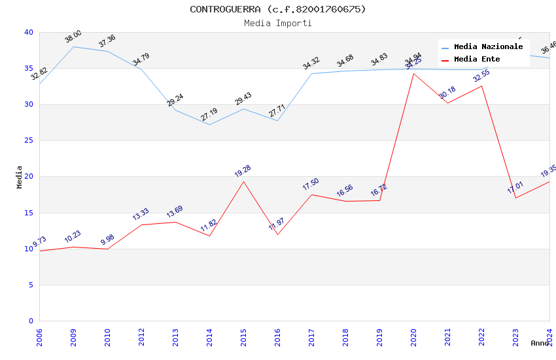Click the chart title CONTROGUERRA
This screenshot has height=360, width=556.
pyautogui.click(x=278, y=9)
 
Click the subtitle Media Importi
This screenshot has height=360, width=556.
pyautogui.click(x=278, y=23)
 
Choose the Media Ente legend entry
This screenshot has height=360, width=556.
pyautogui.click(x=477, y=60)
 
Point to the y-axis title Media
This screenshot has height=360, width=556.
pyautogui.click(x=20, y=177)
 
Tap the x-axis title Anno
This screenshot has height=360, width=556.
pyautogui.click(x=540, y=343)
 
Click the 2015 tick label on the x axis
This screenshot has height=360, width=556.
pyautogui.click(x=243, y=336)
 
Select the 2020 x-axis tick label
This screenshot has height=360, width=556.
pyautogui.click(x=413, y=336)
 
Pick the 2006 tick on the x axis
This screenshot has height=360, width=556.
pyautogui.click(x=39, y=336)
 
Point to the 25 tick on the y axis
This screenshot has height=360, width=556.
pyautogui.click(x=28, y=140)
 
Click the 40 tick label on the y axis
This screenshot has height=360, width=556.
pyautogui.click(x=28, y=32)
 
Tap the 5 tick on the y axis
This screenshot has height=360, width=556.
pyautogui.click(x=30, y=285)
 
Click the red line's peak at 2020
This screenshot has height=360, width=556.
pyautogui.click(x=413, y=73)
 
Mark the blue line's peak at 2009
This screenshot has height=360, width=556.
pyautogui.click(x=73, y=46)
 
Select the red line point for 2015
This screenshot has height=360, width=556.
pyautogui.click(x=243, y=181)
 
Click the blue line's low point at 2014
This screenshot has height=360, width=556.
pyautogui.click(x=209, y=124)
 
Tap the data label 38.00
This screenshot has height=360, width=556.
pyautogui.click(x=73, y=37)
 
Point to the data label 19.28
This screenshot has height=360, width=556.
pyautogui.click(x=243, y=171)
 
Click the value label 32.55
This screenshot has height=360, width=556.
pyautogui.click(x=481, y=76)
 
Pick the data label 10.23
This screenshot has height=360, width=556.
pyautogui.click(x=73, y=237)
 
